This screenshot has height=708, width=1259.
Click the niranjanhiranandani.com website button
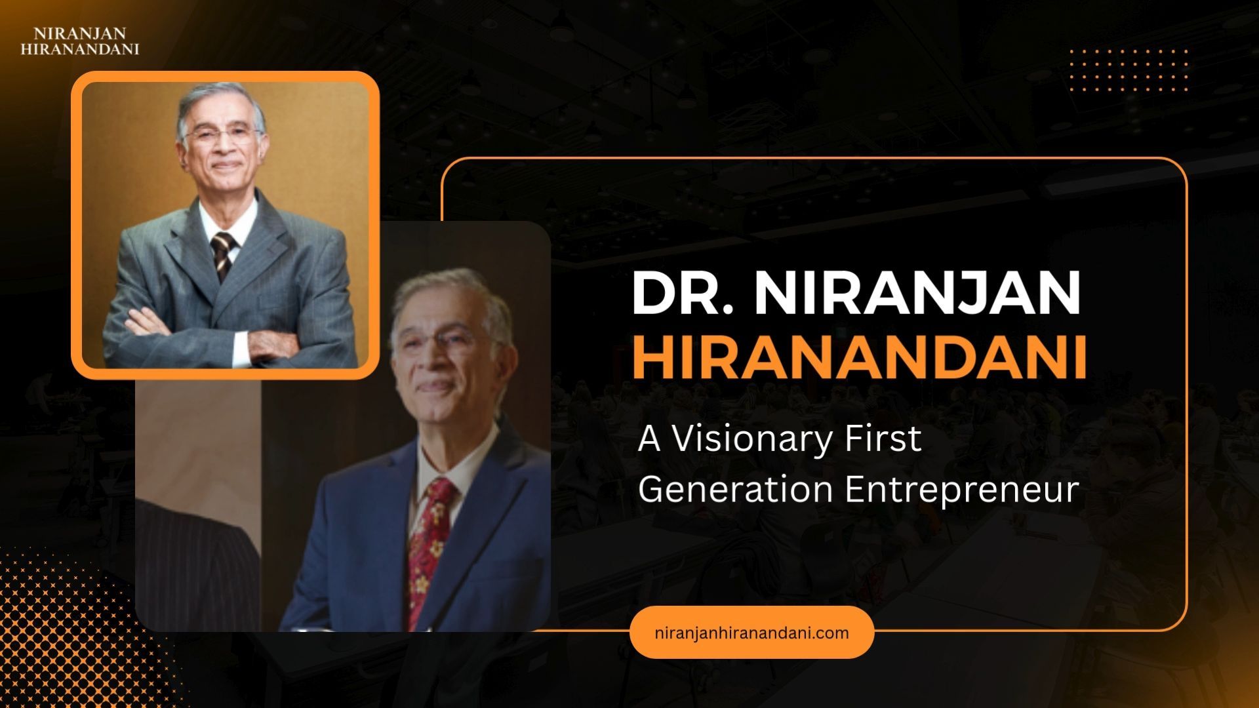(751, 633)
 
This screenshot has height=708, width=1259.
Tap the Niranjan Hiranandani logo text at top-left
(80, 41)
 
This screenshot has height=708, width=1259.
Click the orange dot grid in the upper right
(1128, 69)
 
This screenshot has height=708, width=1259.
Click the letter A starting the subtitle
(649, 439)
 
